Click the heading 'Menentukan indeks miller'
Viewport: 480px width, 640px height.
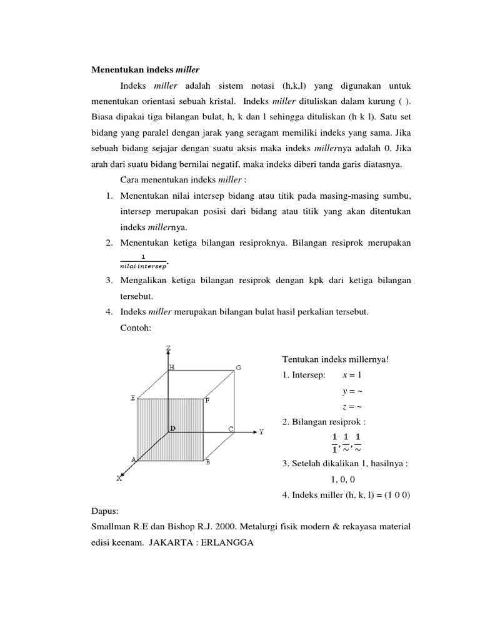(x=146, y=69)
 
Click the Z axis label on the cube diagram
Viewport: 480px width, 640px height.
(x=168, y=347)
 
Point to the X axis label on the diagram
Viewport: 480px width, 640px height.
(x=119, y=479)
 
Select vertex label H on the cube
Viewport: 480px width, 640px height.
(x=172, y=367)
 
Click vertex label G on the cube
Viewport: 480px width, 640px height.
(x=238, y=367)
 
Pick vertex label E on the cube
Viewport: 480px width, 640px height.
(x=132, y=397)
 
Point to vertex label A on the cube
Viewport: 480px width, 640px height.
(x=133, y=459)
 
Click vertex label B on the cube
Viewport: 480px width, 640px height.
(x=207, y=463)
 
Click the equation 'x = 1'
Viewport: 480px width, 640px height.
(x=352, y=375)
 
